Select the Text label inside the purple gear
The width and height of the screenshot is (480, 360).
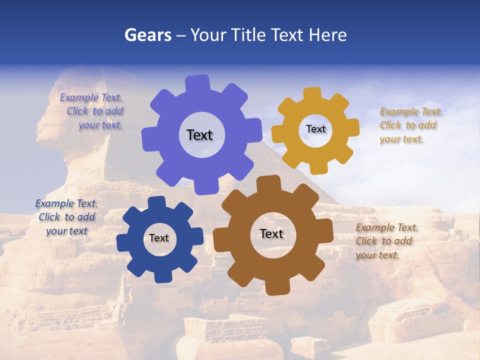coord(199,135)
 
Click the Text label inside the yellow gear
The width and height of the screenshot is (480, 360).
coord(315,129)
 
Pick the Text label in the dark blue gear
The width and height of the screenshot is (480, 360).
coord(159,238)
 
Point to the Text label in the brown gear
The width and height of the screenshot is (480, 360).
coord(271,234)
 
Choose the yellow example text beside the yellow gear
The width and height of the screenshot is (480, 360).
coord(410,125)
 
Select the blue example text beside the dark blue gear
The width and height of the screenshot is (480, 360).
coord(66,217)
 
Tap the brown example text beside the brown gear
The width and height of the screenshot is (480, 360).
coord(386,241)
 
